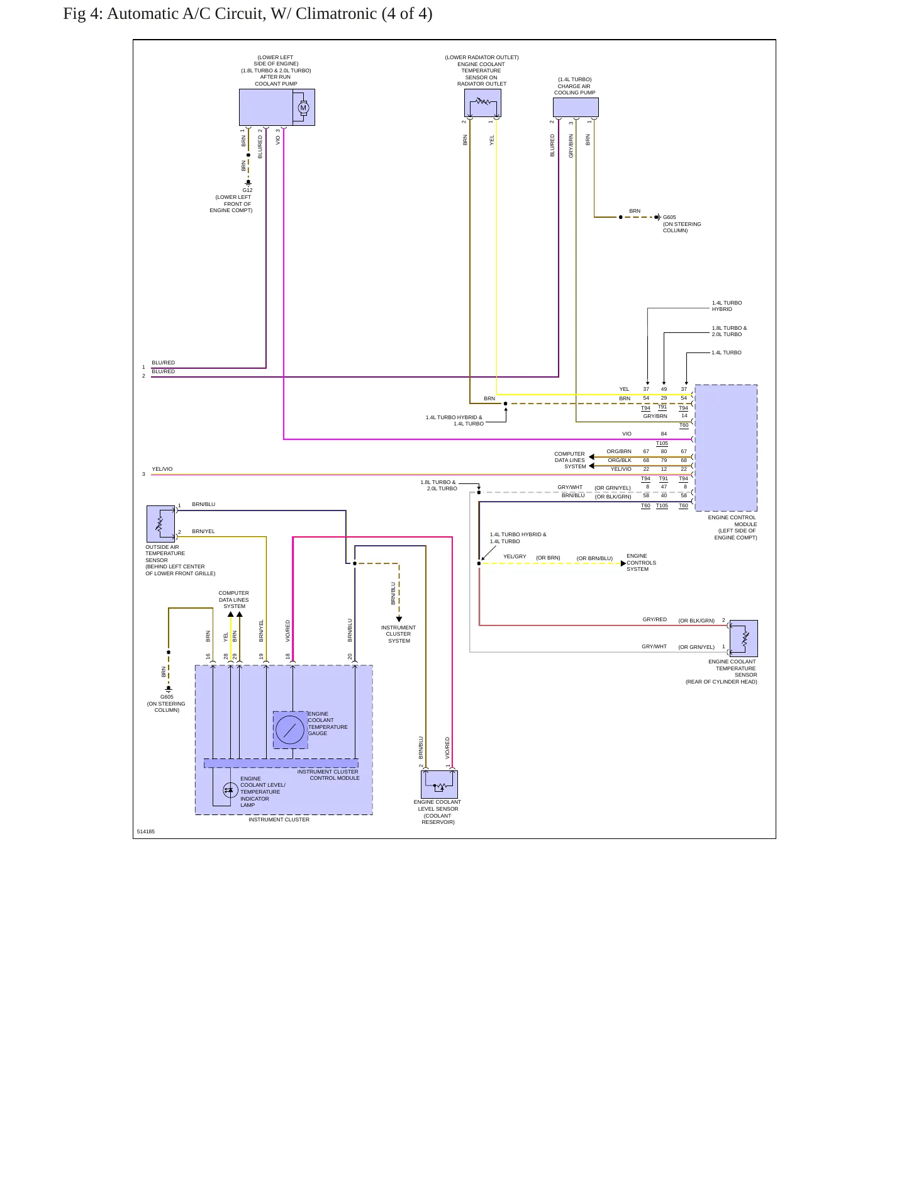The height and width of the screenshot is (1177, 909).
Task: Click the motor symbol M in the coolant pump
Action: pos(303,108)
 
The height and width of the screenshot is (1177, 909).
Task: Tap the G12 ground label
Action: pos(247,190)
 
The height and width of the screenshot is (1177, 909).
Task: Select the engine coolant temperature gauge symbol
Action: pos(290,730)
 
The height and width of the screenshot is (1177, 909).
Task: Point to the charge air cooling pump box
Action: pos(576,107)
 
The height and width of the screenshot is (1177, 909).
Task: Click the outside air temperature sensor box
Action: pos(160,524)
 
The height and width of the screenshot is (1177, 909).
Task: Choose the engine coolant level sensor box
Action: pos(439,784)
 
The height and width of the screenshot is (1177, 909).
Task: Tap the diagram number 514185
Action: pos(146,831)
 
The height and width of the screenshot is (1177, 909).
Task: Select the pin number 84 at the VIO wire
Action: pos(664,434)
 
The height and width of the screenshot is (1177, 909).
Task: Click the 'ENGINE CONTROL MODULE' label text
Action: pos(733,521)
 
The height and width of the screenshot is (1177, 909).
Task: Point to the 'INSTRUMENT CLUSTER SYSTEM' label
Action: pos(399,634)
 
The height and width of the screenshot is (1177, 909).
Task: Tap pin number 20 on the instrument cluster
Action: pos(350,656)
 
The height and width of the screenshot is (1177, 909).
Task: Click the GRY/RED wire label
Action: pos(655,619)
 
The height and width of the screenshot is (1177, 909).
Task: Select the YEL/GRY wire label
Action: pos(515,556)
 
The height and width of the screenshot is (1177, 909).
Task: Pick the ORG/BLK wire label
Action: pos(620,460)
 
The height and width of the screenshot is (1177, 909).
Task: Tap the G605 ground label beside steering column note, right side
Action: pos(669,217)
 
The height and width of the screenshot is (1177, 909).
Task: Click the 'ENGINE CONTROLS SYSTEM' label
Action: pos(642,563)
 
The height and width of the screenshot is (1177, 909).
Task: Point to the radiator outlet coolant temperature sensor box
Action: pos(483,103)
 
